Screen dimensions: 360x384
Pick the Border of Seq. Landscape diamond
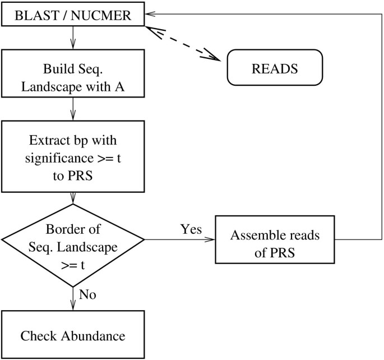73,239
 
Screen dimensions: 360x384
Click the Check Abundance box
73,336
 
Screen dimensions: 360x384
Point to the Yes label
191,229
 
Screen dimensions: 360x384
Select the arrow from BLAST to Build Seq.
73,38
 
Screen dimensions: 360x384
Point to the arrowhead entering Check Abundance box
73,305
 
